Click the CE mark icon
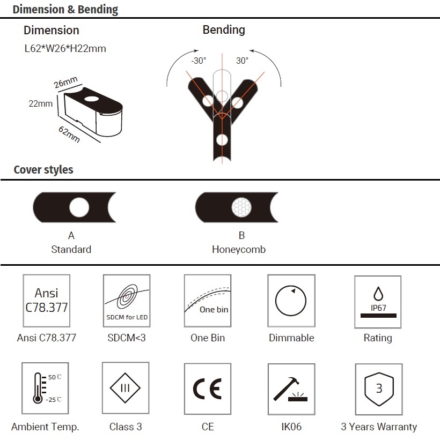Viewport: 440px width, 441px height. pyautogui.click(x=208, y=389)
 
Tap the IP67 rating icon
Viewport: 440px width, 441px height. pyautogui.click(x=378, y=302)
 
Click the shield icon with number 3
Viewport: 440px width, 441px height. pyautogui.click(x=379, y=389)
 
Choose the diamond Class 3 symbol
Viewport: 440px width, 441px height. pyautogui.click(x=126, y=388)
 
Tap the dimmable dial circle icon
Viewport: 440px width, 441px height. pyautogui.click(x=291, y=301)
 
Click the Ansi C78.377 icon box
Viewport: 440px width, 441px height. pyautogui.click(x=47, y=301)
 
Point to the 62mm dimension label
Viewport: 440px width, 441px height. pyautogui.click(x=69, y=134)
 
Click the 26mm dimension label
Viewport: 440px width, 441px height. pyautogui.click(x=65, y=82)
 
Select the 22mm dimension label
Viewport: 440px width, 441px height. pyautogui.click(x=41, y=103)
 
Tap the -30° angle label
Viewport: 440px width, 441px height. pyautogui.click(x=199, y=61)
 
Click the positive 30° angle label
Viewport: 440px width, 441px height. pyautogui.click(x=242, y=61)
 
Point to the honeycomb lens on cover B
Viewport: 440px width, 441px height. pyautogui.click(x=241, y=207)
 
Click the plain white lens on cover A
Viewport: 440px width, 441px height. pyautogui.click(x=79, y=207)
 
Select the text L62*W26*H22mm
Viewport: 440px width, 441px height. pyautogui.click(x=65, y=48)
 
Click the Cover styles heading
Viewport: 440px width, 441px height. pyautogui.click(x=43, y=169)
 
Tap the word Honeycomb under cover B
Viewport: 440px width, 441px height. pyautogui.click(x=239, y=250)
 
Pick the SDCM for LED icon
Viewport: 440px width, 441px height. pyautogui.click(x=127, y=301)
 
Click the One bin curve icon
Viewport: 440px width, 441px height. pyautogui.click(x=208, y=301)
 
